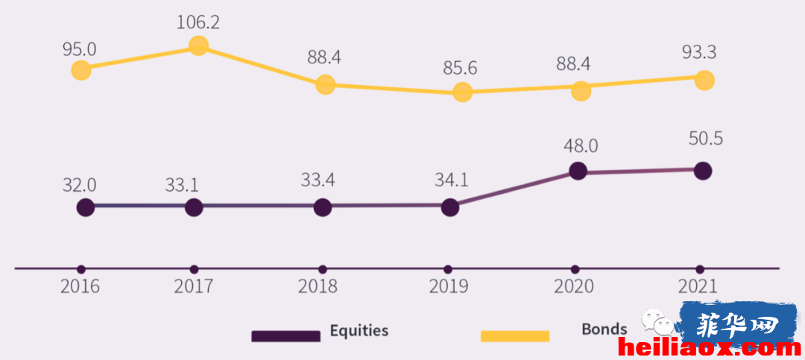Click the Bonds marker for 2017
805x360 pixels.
[199, 45]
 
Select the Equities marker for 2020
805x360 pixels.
[578, 171]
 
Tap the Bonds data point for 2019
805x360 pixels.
[462, 92]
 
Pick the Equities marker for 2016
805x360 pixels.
[86, 207]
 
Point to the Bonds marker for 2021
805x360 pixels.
[704, 80]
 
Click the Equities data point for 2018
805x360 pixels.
[323, 207]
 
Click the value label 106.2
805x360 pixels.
[198, 22]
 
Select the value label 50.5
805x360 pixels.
[706, 139]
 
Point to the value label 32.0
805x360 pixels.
[80, 185]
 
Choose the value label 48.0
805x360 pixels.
[581, 146]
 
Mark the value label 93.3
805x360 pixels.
[699, 52]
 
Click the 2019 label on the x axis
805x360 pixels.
[449, 286]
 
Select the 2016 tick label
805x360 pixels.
[80, 286]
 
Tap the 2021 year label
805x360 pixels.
[697, 286]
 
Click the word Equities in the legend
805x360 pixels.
[359, 330]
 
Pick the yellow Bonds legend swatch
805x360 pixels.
[515, 336]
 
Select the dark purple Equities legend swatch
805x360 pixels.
[286, 336]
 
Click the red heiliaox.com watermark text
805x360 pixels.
[710, 349]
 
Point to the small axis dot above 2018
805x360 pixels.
[323, 269]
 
